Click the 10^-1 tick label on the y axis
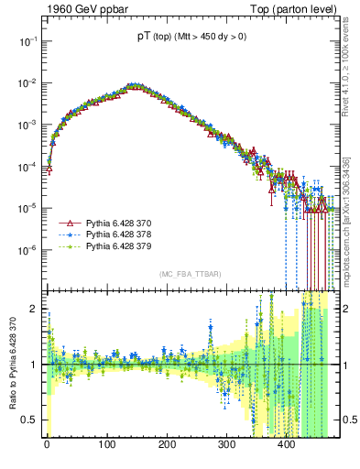point(28,41)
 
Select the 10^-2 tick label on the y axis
point(28,82)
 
